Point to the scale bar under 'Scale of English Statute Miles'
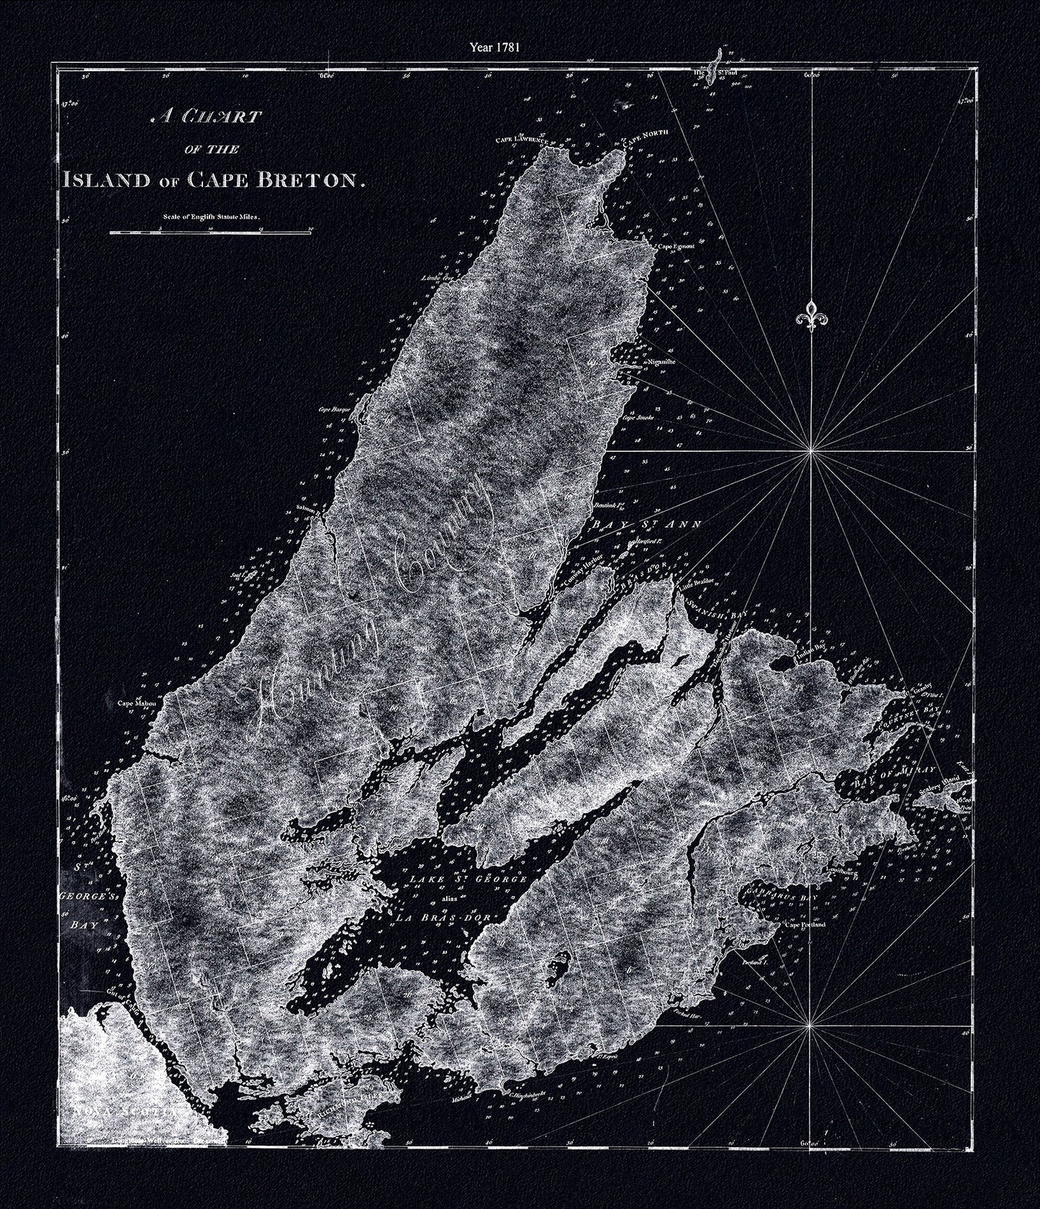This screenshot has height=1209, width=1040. pyautogui.click(x=209, y=232)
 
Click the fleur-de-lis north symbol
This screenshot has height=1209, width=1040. pyautogui.click(x=813, y=314)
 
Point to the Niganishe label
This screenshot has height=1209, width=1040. pyautogui.click(x=661, y=363)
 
